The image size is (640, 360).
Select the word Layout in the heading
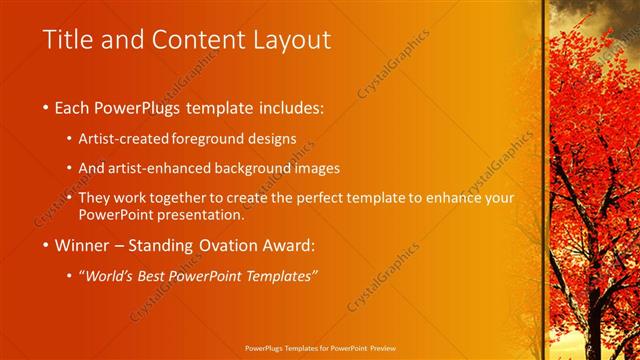tap(292, 40)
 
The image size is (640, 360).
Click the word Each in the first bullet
tap(76, 107)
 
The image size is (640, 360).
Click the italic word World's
tap(111, 276)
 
